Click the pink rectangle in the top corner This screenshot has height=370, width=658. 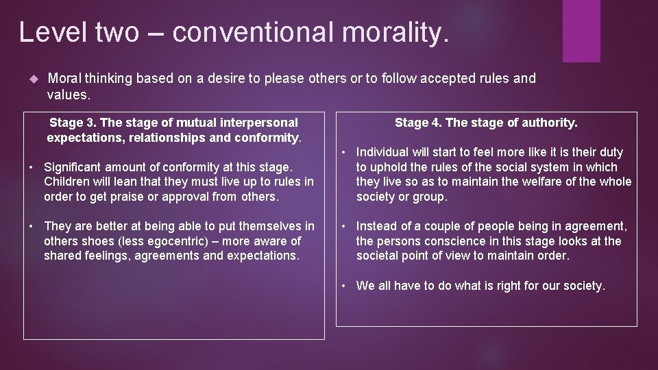click(x=581, y=31)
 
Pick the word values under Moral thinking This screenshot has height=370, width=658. click(x=67, y=94)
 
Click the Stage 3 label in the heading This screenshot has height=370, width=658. click(x=73, y=123)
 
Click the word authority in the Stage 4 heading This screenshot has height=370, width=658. click(x=549, y=123)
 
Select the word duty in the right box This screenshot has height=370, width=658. click(x=609, y=152)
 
